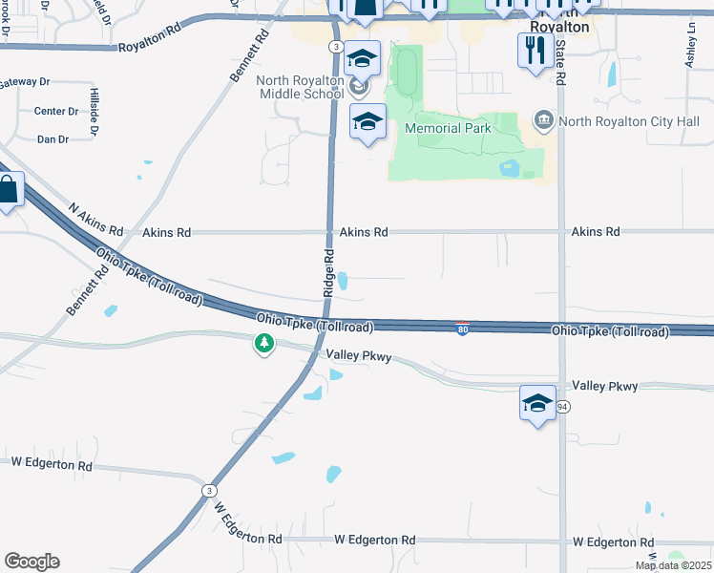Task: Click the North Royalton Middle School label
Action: (300, 87)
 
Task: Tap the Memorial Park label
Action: (448, 128)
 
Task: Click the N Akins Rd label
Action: (96, 220)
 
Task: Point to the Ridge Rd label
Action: (327, 272)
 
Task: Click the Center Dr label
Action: (56, 112)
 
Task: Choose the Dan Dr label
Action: (52, 139)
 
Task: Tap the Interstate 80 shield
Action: (461, 328)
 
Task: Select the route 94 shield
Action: (563, 407)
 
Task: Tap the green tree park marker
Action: (264, 342)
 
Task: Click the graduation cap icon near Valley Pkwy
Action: (537, 402)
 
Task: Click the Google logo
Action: (31, 562)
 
